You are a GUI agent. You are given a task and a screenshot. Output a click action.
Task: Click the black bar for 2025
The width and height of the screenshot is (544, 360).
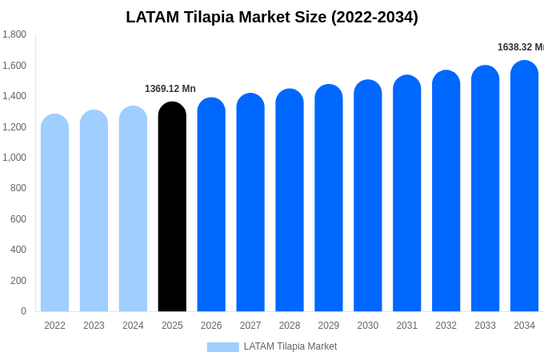pyautogui.click(x=172, y=208)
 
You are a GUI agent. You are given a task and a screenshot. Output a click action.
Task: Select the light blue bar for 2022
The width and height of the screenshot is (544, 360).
pyautogui.click(x=54, y=214)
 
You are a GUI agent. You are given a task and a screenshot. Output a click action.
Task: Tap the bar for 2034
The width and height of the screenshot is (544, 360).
pyautogui.click(x=524, y=187)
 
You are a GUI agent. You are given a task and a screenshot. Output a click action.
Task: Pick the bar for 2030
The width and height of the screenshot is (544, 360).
pyautogui.click(x=368, y=197)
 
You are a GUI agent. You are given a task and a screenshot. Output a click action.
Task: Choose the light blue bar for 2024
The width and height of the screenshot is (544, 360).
pyautogui.click(x=133, y=210)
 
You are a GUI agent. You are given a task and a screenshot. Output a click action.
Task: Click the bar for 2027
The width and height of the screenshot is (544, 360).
pyautogui.click(x=250, y=203)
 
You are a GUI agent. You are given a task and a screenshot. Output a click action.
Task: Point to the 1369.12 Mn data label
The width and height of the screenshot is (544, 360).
pyautogui.click(x=170, y=89)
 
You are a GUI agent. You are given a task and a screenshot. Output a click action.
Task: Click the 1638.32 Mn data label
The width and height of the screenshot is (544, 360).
pyautogui.click(x=520, y=47)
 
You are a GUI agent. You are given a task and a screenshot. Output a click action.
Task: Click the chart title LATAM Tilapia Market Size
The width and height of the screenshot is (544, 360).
pyautogui.click(x=272, y=17)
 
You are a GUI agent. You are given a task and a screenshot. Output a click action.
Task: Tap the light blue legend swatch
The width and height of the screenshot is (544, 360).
pyautogui.click(x=222, y=347)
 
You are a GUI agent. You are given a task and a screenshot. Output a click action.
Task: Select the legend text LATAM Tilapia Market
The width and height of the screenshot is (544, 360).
pyautogui.click(x=290, y=346)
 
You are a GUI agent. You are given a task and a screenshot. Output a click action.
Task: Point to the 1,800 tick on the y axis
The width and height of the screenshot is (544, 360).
pyautogui.click(x=14, y=34)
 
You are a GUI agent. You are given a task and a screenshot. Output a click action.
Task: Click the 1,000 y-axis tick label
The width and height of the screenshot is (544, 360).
pyautogui.click(x=14, y=158)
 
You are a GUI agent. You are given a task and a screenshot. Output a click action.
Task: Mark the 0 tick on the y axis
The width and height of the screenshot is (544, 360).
pyautogui.click(x=23, y=311)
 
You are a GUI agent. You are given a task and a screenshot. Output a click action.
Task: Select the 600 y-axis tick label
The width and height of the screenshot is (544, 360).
pyautogui.click(x=18, y=219)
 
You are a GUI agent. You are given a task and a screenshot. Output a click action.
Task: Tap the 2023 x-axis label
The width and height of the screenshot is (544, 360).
pyautogui.click(x=94, y=326)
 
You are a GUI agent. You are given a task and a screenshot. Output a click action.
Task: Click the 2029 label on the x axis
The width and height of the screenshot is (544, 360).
pyautogui.click(x=329, y=326)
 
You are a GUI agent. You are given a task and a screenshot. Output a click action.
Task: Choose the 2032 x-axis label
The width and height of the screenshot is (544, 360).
pyautogui.click(x=446, y=326)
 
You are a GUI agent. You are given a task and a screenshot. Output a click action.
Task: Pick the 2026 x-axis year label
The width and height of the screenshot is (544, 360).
pyautogui.click(x=211, y=326)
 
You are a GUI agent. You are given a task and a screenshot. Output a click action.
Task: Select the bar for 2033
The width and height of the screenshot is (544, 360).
pyautogui.click(x=485, y=190)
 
